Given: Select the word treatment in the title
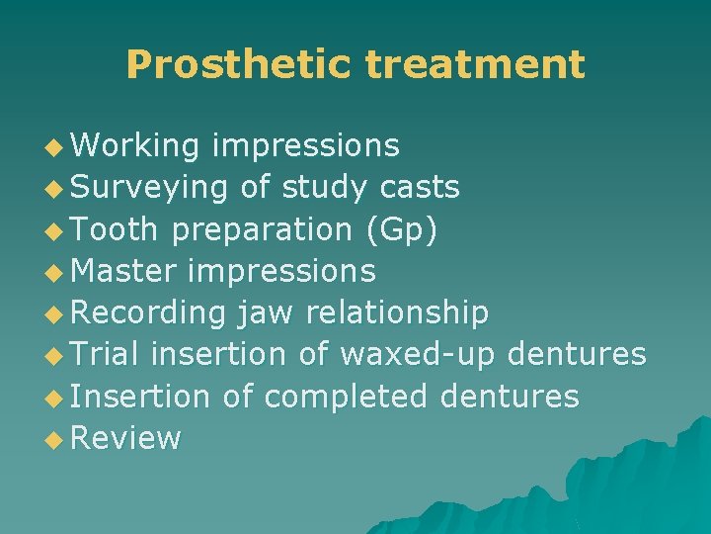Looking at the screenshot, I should tap(474, 65).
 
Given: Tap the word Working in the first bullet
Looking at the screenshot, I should tap(135, 146).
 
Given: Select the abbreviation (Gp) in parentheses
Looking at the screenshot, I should tap(402, 229).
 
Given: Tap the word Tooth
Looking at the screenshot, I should tap(115, 229).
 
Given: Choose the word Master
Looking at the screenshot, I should tap(124, 271).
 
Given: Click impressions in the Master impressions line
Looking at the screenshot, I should tap(281, 271).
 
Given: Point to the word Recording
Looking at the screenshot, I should tap(148, 313).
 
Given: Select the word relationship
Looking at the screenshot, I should tap(397, 313).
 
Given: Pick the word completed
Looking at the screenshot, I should tap(346, 397).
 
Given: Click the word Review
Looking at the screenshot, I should tap(126, 438).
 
